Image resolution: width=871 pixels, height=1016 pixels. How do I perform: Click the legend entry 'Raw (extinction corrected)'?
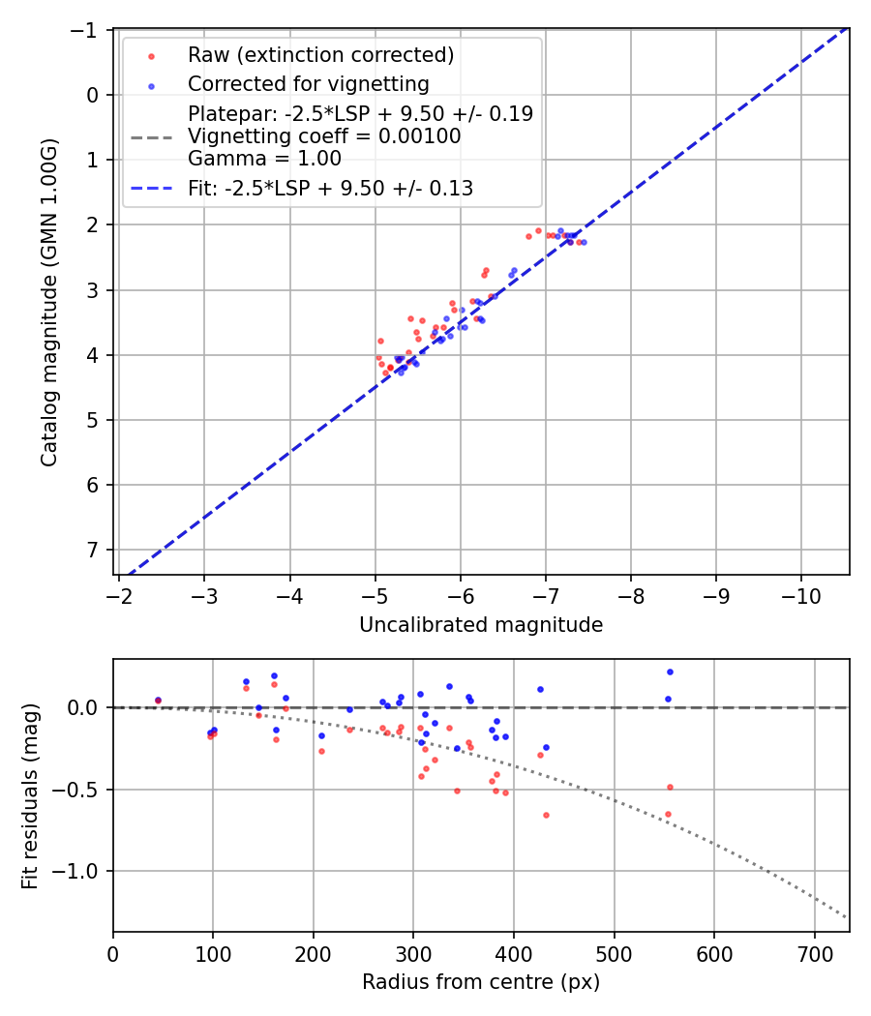(320, 55)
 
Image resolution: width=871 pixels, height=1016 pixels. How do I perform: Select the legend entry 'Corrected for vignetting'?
(308, 83)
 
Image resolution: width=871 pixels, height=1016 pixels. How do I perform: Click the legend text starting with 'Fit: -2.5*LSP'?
(330, 189)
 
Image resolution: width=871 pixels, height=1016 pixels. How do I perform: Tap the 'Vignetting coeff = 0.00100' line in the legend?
(324, 136)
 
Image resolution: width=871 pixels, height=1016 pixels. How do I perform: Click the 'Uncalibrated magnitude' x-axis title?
(481, 625)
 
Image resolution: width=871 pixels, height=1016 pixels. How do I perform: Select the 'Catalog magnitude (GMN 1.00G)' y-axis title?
(49, 303)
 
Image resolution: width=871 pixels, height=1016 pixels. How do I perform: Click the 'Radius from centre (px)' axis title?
(481, 982)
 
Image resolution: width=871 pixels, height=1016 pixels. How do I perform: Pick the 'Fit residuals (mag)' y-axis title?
(30, 795)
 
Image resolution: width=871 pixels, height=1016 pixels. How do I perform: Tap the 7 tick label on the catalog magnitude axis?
(92, 550)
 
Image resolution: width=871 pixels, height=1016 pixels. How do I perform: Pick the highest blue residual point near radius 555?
(670, 672)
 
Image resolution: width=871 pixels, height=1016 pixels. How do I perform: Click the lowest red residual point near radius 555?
(668, 814)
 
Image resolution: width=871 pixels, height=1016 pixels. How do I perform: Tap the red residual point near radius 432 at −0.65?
(546, 815)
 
